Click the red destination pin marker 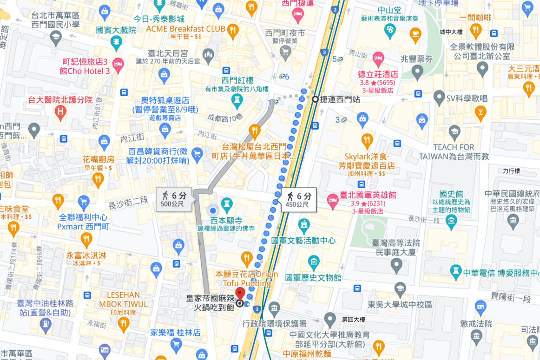coord(240,294)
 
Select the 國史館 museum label coord(451,194)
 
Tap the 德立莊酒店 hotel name coord(378,74)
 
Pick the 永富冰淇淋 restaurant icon coord(86,240)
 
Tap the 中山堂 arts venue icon coord(390,31)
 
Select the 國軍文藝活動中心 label coord(303,241)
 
